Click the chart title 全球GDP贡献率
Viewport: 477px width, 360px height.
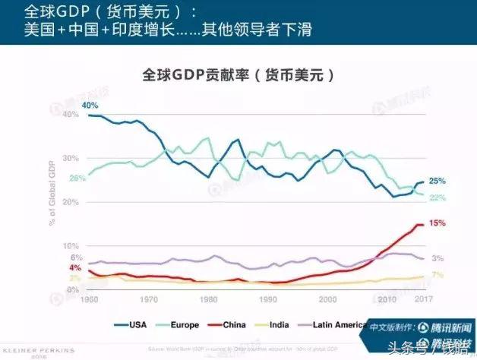(238, 76)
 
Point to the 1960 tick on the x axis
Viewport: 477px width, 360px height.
(89, 299)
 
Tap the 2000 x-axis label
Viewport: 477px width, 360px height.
(328, 299)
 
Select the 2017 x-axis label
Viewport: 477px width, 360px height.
(424, 299)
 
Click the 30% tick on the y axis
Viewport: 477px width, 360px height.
(71, 158)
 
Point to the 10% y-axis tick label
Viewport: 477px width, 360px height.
(71, 246)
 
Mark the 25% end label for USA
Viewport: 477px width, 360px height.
(438, 182)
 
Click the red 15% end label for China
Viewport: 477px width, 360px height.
(438, 223)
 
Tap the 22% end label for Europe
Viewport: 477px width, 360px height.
(438, 197)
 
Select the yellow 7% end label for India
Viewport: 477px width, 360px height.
(437, 274)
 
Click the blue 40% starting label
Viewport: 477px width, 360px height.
(90, 105)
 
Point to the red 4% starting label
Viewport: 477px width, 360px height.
(75, 268)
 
